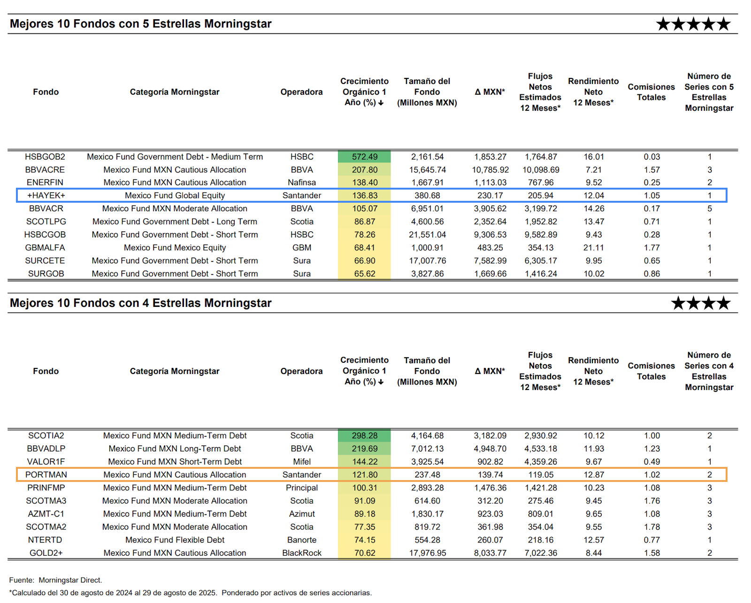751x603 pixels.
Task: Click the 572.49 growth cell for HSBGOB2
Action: click(364, 157)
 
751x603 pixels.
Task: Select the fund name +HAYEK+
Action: click(46, 195)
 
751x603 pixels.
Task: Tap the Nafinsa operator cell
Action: click(302, 183)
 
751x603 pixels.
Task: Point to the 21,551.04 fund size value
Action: click(428, 235)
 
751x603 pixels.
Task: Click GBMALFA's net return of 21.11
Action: click(594, 248)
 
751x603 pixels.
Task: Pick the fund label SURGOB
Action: click(46, 274)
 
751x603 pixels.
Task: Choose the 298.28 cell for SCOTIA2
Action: click(364, 436)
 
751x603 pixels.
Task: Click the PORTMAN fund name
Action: click(46, 475)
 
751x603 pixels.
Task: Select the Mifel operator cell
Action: click(302, 462)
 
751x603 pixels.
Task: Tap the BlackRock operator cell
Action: click(302, 553)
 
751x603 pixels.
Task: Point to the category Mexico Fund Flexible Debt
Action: click(175, 540)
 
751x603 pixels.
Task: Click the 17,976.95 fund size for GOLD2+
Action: click(428, 553)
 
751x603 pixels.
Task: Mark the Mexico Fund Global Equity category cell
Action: click(175, 196)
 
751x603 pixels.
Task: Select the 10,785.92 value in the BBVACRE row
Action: click(490, 170)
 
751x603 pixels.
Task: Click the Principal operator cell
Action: click(302, 488)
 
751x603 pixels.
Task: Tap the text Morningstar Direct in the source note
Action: click(70, 580)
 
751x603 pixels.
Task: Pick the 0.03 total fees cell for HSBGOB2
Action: click(652, 157)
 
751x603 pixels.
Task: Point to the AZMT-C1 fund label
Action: click(46, 514)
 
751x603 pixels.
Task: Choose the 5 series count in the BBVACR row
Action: click(710, 209)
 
